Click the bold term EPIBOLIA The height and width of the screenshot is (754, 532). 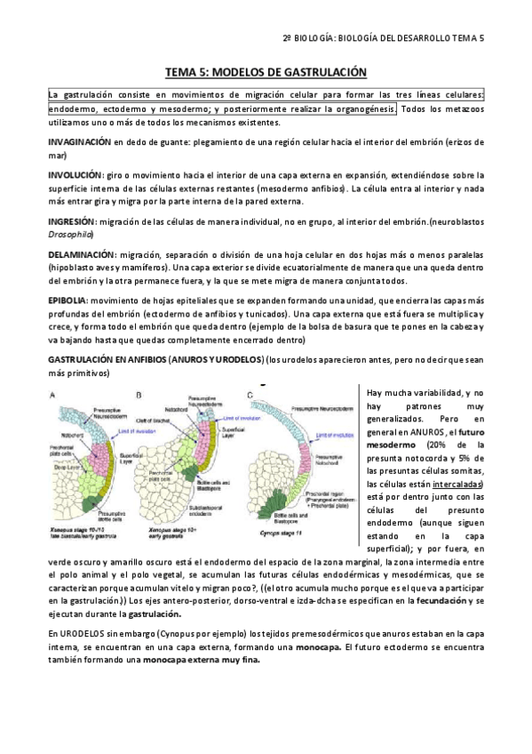pos(67,301)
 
